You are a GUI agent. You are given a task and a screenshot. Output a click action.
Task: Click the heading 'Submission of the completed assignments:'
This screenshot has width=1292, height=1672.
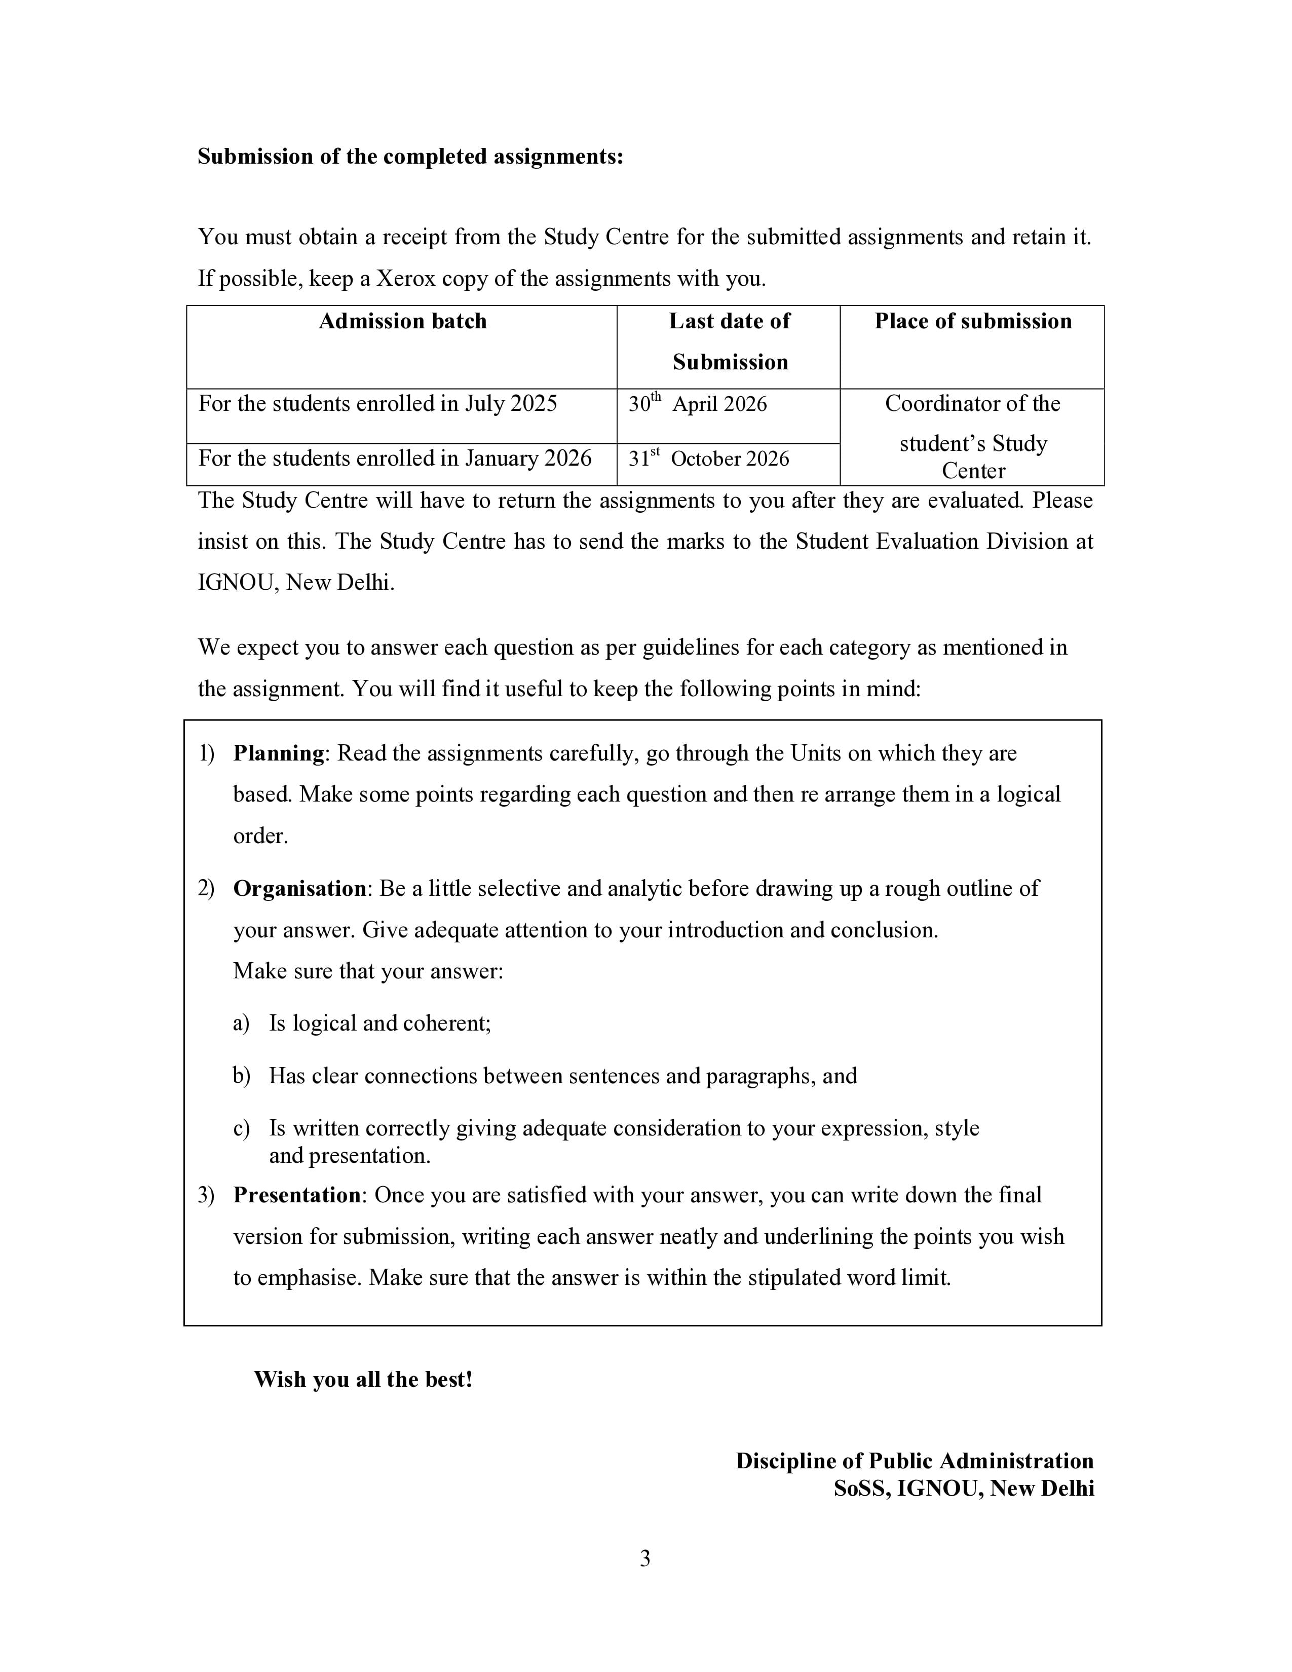click(x=410, y=156)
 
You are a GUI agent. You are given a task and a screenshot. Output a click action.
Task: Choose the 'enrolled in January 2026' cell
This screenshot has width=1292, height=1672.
click(x=395, y=459)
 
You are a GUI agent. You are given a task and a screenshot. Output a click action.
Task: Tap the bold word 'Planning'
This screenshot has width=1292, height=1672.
click(x=279, y=753)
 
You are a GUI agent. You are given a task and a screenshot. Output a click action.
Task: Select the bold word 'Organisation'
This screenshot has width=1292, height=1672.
click(x=300, y=889)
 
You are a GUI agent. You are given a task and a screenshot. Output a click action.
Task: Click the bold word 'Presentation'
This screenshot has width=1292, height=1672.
click(x=297, y=1195)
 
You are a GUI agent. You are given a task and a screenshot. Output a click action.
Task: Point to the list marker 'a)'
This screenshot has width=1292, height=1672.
click(x=241, y=1023)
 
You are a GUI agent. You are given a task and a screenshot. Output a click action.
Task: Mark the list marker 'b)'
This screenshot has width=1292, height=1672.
click(x=241, y=1076)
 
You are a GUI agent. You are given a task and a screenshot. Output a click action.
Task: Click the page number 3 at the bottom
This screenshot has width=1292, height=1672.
click(x=644, y=1558)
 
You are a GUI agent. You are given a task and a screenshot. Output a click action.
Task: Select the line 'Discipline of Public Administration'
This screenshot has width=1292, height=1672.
click(x=914, y=1461)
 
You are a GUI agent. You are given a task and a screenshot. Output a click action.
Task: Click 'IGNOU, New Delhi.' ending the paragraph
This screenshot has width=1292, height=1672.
click(x=296, y=583)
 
